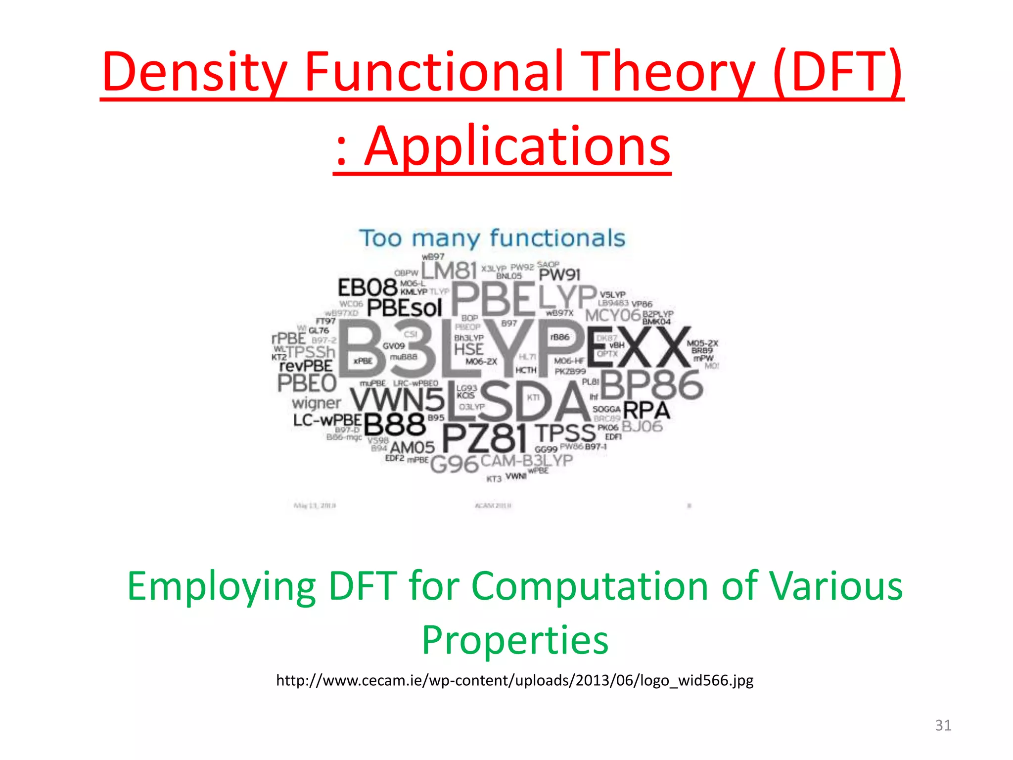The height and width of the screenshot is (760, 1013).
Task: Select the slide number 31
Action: click(x=943, y=725)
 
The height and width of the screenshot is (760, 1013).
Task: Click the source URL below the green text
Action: click(x=514, y=680)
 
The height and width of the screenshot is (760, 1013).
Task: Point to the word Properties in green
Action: click(x=514, y=640)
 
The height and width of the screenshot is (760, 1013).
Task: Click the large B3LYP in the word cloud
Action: click(x=460, y=349)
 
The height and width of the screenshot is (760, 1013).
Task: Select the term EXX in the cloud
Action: click(x=638, y=349)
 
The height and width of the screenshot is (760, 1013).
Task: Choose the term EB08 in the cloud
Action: click(x=368, y=288)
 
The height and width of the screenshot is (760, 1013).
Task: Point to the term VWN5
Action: click(x=397, y=399)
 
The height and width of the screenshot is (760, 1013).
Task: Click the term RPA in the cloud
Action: click(x=646, y=411)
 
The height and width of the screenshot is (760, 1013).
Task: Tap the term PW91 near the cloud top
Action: click(x=559, y=275)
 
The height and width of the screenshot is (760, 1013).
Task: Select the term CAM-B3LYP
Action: click(x=526, y=461)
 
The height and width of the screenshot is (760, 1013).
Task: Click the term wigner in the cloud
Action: click(x=316, y=403)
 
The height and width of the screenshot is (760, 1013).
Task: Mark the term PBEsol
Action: click(x=404, y=308)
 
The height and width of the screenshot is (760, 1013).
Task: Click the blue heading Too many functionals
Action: click(x=492, y=238)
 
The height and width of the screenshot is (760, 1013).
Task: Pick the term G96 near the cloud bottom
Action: click(x=454, y=464)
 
